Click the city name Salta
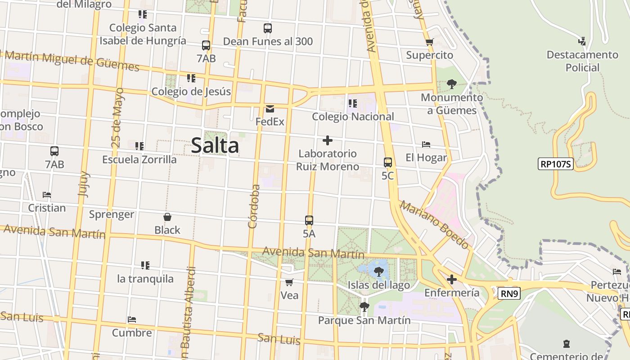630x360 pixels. point(215,145)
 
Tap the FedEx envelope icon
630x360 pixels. point(270,108)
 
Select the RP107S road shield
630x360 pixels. point(555,164)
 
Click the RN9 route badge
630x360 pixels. point(509,294)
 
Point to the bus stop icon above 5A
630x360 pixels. point(309,220)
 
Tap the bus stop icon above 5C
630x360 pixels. point(387,162)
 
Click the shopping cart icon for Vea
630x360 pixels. point(289,282)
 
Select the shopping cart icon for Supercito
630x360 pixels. point(429,42)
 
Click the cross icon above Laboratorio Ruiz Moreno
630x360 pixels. point(328,140)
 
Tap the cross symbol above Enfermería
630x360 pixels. point(451,279)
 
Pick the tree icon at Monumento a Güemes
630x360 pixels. point(451,84)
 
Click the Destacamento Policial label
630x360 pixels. point(582,61)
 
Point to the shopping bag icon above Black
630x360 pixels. point(167,217)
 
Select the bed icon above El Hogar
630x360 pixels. point(426,144)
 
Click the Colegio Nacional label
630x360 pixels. point(353,117)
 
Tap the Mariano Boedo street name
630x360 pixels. point(434,225)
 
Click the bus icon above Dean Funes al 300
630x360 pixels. point(268,28)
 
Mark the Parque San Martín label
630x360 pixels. point(364,320)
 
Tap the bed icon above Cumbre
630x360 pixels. point(131,319)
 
